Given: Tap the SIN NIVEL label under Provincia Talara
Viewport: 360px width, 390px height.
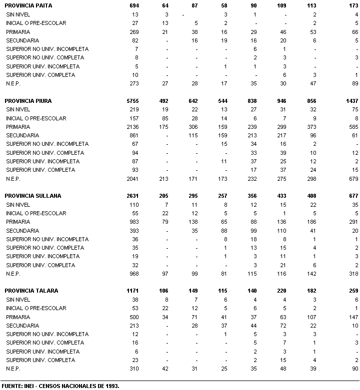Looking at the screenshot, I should [x=18, y=300].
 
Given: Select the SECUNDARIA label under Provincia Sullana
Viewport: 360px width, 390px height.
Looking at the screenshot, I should [x=22, y=231].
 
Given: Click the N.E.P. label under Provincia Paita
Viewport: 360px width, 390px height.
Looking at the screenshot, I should [x=13, y=83].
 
